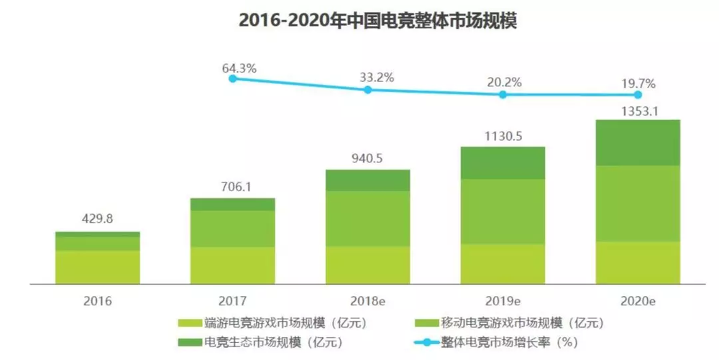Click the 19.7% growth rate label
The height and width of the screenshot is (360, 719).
[x=638, y=84]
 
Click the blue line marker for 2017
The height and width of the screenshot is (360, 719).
[x=232, y=78]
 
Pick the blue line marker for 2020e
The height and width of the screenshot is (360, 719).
[x=638, y=95]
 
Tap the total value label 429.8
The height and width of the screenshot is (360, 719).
[x=97, y=220]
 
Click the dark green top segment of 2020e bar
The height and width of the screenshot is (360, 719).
[x=638, y=142]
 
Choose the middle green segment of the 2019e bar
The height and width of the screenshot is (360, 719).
[x=503, y=211]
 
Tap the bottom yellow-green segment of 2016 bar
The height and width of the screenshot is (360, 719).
[x=97, y=267]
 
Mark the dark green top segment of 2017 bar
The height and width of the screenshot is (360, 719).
[x=232, y=204]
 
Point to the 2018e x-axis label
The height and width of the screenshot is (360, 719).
[x=367, y=300]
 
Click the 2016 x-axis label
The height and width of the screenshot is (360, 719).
[x=97, y=300]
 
